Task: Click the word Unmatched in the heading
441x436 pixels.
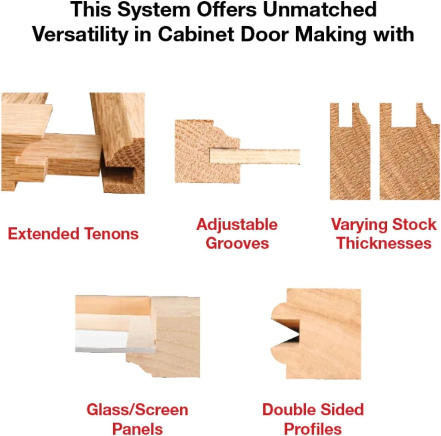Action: pos(320,9)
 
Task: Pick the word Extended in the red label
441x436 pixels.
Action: pos(43,234)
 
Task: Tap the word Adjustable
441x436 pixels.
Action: pos(237,225)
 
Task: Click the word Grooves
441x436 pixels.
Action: pos(237,243)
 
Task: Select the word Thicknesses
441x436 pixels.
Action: pos(384,243)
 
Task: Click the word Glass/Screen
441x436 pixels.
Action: pos(137,410)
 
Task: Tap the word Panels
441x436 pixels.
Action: pos(137,429)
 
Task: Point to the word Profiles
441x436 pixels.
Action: pos(313,429)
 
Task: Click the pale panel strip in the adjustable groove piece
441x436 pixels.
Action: pos(255,156)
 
